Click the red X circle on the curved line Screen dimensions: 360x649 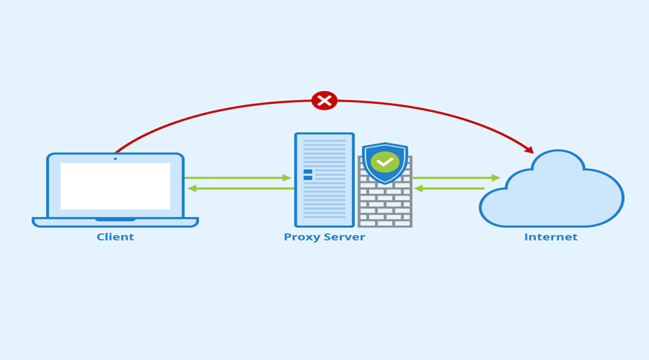pyautogui.click(x=324, y=101)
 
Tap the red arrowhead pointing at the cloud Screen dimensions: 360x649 pyautogui.click(x=530, y=150)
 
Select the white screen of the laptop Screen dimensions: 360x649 pyautogui.click(x=115, y=186)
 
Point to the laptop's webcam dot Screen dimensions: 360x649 pyautogui.click(x=115, y=159)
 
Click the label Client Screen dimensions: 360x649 pyautogui.click(x=115, y=237)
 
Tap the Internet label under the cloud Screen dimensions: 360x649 pyautogui.click(x=551, y=237)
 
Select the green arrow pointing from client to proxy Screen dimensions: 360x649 pyautogui.click(x=237, y=178)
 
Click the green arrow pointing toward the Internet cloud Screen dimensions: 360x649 pyautogui.click(x=457, y=178)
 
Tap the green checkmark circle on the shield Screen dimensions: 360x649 pyautogui.click(x=385, y=162)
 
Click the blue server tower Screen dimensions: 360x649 pyautogui.click(x=324, y=180)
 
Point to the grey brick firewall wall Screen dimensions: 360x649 pyautogui.click(x=385, y=207)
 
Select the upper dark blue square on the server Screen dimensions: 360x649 pyautogui.click(x=308, y=171)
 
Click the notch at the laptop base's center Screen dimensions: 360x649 pyautogui.click(x=115, y=219)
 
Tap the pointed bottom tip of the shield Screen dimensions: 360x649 pyautogui.click(x=385, y=183)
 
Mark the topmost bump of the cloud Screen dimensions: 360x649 pyautogui.click(x=558, y=153)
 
